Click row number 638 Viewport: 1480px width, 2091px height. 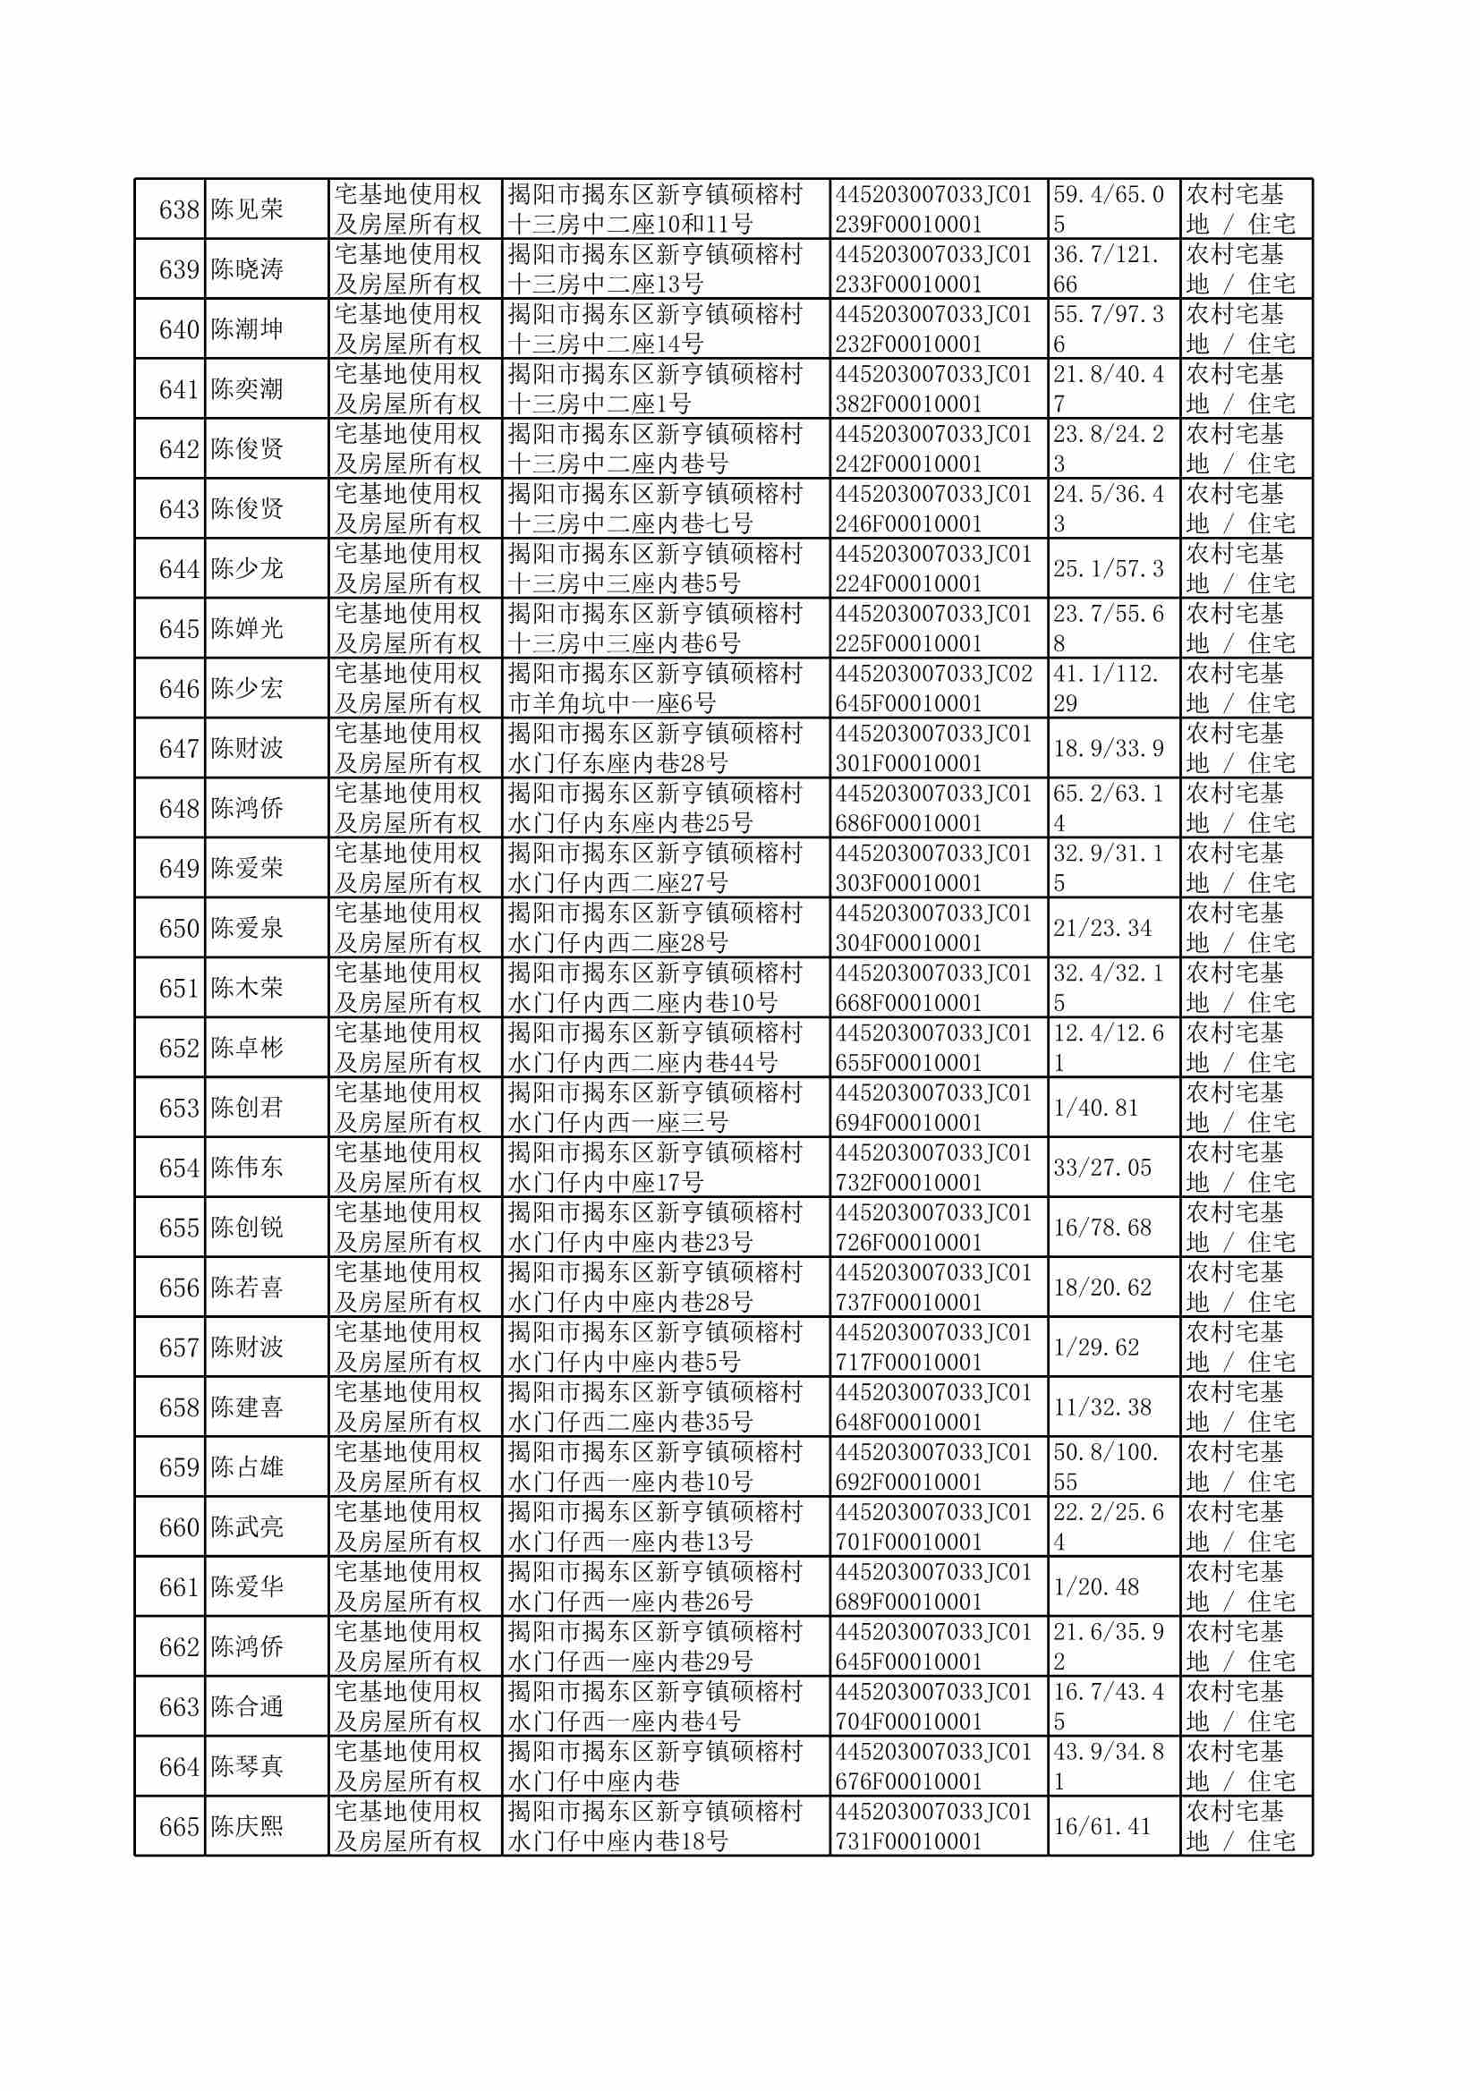coord(179,209)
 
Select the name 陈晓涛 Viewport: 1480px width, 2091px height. coord(247,269)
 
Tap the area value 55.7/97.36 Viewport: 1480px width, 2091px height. coord(1108,329)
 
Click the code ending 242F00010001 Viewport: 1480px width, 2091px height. coord(933,449)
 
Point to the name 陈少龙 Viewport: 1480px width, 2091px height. coord(247,568)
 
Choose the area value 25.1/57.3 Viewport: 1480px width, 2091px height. coord(1108,568)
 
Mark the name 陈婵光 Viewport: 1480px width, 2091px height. coord(247,629)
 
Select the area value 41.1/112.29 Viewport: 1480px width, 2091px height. coord(1108,689)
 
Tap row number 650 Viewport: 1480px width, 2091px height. coord(179,929)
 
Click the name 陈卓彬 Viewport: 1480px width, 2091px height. coord(247,1048)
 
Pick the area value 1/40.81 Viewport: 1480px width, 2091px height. coord(1095,1108)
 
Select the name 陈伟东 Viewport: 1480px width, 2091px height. coord(247,1168)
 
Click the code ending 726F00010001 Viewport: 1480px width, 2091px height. coord(933,1228)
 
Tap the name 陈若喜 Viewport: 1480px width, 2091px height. coord(247,1288)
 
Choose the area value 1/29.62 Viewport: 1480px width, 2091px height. coord(1095,1347)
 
